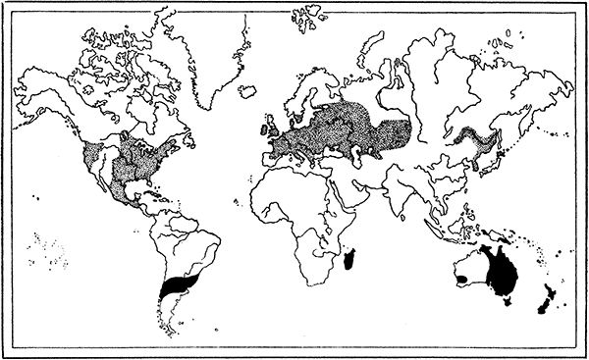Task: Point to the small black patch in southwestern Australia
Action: [x=460, y=279]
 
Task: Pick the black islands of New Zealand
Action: [x=543, y=305]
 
